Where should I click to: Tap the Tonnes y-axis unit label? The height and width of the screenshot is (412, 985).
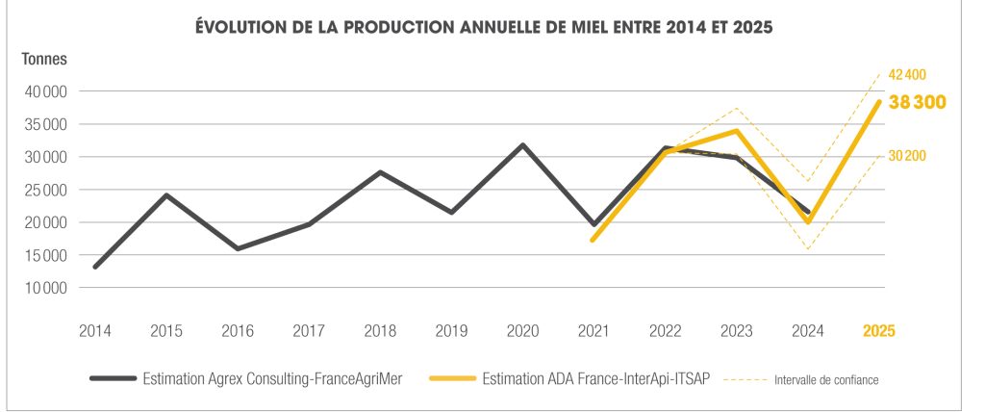(44, 60)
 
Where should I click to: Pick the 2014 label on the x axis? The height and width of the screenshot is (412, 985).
(94, 330)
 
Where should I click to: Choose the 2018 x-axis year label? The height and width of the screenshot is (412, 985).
(380, 330)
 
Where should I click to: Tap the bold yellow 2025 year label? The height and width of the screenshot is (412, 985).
(879, 330)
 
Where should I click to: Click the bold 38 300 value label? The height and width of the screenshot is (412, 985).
(918, 102)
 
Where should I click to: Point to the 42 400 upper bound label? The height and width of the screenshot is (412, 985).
(906, 75)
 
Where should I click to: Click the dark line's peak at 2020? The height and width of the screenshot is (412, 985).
(522, 145)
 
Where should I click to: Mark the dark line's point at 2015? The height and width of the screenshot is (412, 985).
(166, 195)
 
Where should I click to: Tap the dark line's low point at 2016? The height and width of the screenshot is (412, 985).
(237, 248)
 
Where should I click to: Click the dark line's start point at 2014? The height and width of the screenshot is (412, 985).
(94, 267)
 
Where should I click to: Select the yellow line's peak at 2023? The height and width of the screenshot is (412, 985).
(737, 131)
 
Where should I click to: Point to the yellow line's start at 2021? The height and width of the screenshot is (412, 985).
(594, 240)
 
